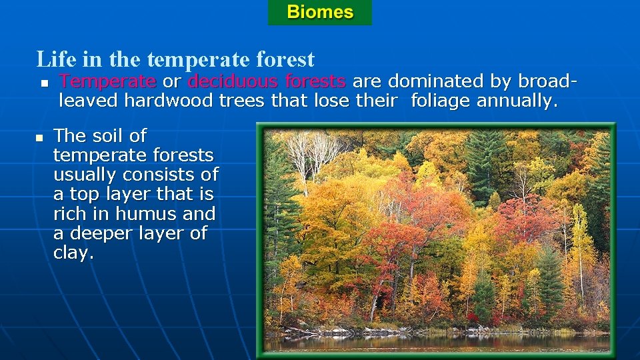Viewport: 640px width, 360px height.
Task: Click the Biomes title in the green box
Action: pyautogui.click(x=320, y=12)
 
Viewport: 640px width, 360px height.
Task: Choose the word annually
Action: pyautogui.click(x=518, y=101)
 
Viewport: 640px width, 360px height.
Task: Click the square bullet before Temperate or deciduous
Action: pyautogui.click(x=43, y=83)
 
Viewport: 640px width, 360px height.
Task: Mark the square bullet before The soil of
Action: pyautogui.click(x=38, y=137)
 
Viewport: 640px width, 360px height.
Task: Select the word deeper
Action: pyautogui.click(x=104, y=234)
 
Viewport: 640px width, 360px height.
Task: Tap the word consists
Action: pyautogui.click(x=163, y=175)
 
